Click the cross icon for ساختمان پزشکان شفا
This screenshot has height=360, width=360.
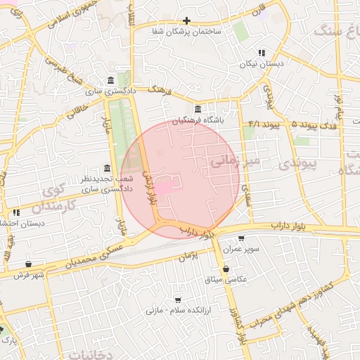click(x=186, y=21)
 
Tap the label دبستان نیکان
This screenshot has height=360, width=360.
click(x=262, y=64)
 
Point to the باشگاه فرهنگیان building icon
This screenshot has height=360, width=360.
click(x=198, y=110)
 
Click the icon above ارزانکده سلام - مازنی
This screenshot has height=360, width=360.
click(x=178, y=300)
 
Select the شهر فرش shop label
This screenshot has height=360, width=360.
click(x=28, y=275)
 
